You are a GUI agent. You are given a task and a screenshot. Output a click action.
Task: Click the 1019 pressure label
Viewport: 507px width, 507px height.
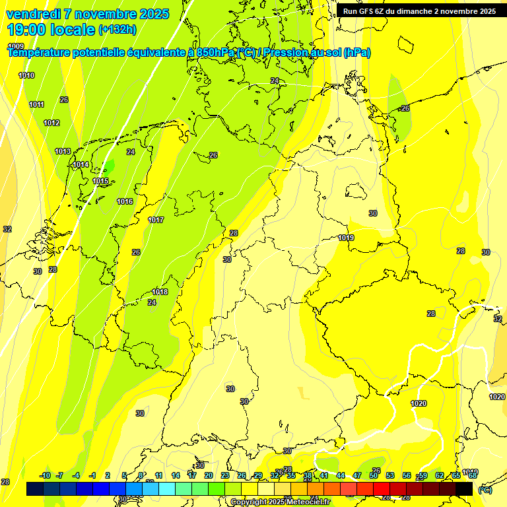point(346,238)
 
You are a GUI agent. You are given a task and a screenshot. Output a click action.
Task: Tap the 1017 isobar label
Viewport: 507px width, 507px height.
point(156,220)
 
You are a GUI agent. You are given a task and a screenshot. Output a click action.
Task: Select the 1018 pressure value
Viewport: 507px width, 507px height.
point(160,292)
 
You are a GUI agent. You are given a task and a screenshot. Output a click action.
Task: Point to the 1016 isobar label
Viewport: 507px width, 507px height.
point(125,201)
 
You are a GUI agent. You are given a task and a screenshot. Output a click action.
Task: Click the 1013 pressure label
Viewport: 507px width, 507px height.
point(63,151)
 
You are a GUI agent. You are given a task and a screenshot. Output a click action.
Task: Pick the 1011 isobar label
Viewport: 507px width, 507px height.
point(37,104)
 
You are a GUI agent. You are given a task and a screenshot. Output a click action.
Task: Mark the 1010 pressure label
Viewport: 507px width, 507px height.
point(26,75)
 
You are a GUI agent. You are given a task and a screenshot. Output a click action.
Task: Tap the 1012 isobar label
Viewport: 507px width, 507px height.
point(51,123)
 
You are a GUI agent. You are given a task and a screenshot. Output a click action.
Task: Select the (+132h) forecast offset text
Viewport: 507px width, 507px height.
point(117,29)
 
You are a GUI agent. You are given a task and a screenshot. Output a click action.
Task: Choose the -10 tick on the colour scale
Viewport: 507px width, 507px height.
point(45,475)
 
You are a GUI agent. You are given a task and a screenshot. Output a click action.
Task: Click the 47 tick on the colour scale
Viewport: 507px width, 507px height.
point(357,475)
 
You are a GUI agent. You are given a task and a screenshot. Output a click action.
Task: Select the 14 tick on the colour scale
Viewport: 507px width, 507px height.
point(176,475)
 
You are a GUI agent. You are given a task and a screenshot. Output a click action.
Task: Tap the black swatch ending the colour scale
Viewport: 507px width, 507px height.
point(464,489)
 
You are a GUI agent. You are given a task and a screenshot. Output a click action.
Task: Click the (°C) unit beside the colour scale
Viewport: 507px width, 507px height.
point(485,490)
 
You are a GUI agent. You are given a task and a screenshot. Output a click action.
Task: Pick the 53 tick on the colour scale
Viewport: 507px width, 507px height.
point(390,475)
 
